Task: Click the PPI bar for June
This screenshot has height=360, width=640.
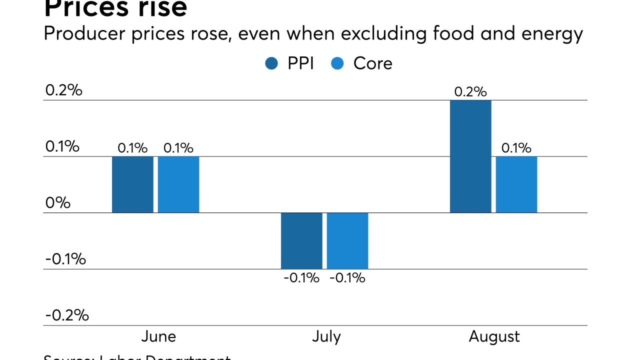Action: click(x=132, y=184)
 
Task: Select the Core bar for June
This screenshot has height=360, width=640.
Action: click(x=178, y=184)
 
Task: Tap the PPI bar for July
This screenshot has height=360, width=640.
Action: click(x=301, y=241)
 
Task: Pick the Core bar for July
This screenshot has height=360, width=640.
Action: click(x=347, y=241)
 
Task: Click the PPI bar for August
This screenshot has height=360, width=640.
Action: click(x=470, y=156)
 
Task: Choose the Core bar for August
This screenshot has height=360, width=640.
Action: click(x=516, y=184)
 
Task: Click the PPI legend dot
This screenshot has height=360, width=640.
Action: click(x=272, y=63)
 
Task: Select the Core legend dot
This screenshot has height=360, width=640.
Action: click(x=337, y=63)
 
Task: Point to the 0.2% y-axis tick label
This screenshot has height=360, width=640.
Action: click(x=63, y=90)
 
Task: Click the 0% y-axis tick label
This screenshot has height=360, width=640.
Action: click(x=57, y=203)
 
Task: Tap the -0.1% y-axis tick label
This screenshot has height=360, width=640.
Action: click(x=65, y=259)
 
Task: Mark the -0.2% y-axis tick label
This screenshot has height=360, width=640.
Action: click(x=67, y=315)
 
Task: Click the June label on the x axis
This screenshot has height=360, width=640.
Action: click(x=158, y=336)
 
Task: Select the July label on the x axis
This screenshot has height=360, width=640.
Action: click(x=326, y=336)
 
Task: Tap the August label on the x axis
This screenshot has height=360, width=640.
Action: click(x=494, y=336)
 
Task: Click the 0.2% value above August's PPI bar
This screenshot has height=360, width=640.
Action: click(x=470, y=92)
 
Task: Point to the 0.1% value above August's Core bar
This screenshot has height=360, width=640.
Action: click(x=516, y=148)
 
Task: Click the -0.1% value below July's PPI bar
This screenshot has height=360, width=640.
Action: click(x=301, y=278)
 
